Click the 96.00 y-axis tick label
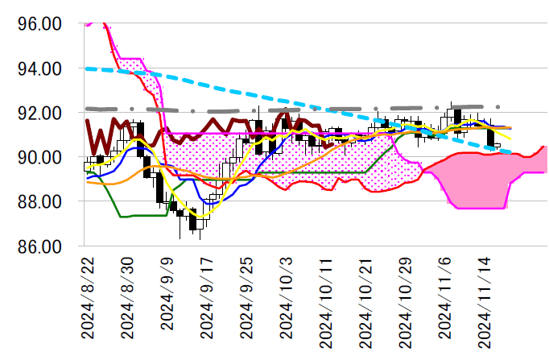[x=39, y=24]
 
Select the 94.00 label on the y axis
[x=39, y=68]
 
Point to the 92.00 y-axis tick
[x=39, y=113]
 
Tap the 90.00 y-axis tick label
[x=39, y=157]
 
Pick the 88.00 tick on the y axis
[x=39, y=201]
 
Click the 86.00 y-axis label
[x=39, y=246]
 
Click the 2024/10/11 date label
[x=325, y=302]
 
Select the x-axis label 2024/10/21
[x=365, y=302]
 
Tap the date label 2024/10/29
[x=404, y=302]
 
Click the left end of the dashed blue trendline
[x=86, y=68]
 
